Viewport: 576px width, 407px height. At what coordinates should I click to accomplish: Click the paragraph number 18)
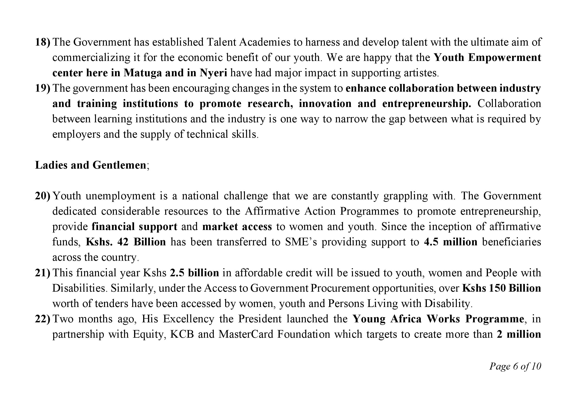pos(43,42)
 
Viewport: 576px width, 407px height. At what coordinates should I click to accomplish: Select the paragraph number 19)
pos(43,88)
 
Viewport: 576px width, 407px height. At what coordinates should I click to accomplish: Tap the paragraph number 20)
pos(43,196)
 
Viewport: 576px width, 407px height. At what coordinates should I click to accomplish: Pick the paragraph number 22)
pos(43,319)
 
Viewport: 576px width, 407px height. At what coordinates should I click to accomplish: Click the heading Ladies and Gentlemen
pos(91,165)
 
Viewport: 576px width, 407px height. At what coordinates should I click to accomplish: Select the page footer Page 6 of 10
pos(515,366)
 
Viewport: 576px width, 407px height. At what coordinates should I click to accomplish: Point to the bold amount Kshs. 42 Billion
pos(126,242)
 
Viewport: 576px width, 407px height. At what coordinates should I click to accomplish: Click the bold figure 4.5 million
pos(451,242)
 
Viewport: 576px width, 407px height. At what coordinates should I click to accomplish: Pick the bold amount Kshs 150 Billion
pos(501,288)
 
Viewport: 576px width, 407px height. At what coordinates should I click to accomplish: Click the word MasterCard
pos(246,334)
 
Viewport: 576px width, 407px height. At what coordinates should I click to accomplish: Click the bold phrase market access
pos(237,227)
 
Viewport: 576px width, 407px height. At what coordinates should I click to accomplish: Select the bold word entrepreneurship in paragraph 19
pos(426,104)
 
